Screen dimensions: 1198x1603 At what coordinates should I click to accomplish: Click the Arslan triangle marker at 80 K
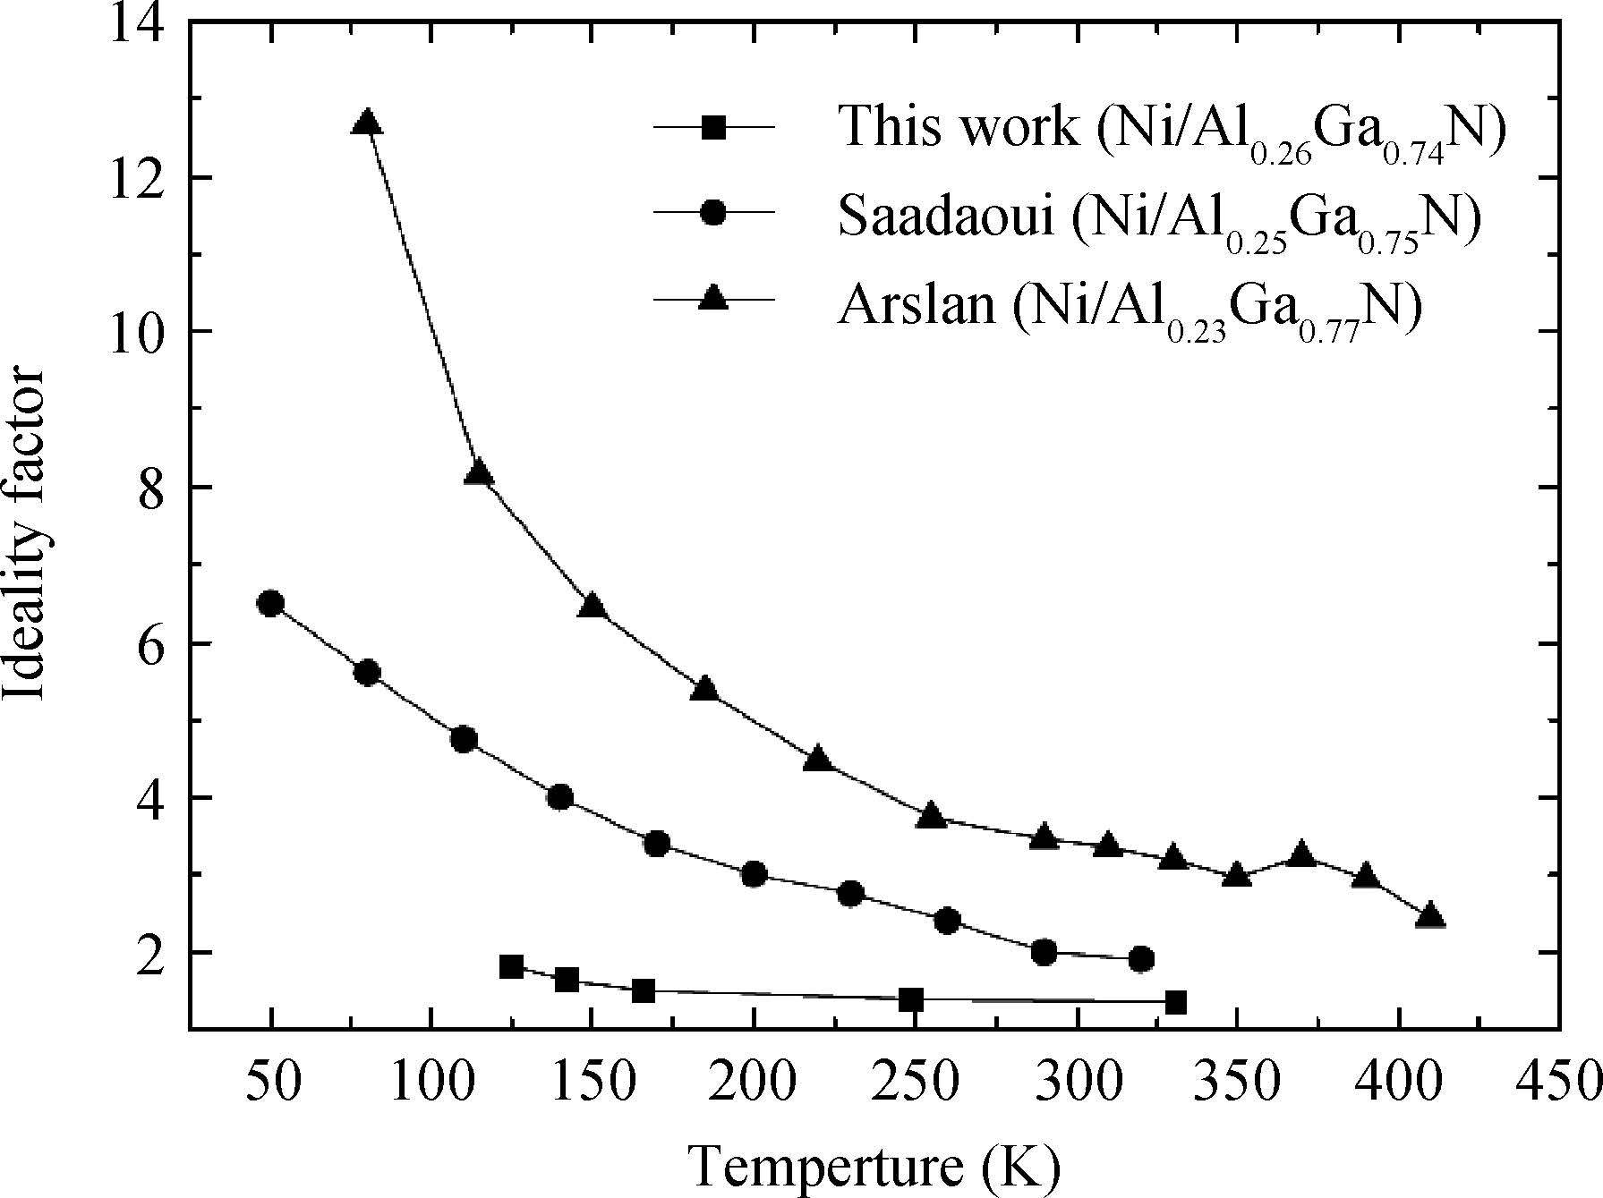tap(366, 123)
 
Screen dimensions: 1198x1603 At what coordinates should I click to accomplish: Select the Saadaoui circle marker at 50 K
tap(270, 604)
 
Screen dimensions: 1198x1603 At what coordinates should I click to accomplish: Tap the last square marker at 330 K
tap(1175, 1002)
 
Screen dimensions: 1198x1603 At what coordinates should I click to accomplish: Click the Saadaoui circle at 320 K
tap(1141, 959)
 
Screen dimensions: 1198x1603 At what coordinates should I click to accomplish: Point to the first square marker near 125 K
tap(511, 966)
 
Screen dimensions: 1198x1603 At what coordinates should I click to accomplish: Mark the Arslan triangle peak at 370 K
tap(1302, 854)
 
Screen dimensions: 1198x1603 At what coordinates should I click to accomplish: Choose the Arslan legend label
tap(1129, 310)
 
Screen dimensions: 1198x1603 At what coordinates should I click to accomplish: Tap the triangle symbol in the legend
tap(713, 298)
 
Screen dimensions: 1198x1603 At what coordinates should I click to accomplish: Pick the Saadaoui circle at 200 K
tap(754, 874)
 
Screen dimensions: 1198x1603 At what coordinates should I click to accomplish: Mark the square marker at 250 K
tap(911, 999)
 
